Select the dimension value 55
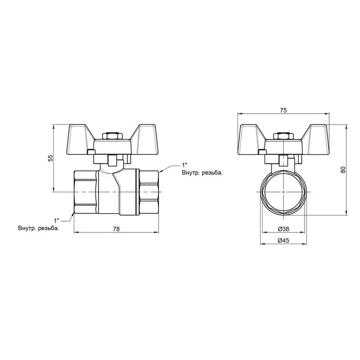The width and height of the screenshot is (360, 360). (50, 158)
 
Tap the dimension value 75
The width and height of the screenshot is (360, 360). (283, 111)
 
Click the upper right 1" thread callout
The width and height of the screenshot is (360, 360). (184, 165)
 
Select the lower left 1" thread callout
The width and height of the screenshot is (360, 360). (56, 220)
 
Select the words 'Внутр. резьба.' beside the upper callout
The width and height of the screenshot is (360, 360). (202, 173)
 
